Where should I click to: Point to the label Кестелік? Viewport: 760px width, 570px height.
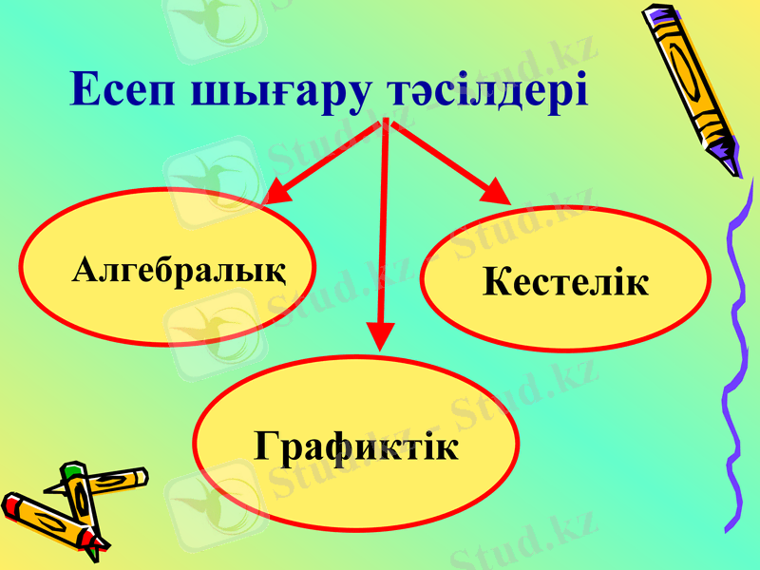click(565, 281)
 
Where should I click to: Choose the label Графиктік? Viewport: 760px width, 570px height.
click(356, 446)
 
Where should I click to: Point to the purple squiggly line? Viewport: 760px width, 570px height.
click(736, 361)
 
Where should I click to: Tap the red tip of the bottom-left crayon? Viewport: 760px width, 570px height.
click(11, 504)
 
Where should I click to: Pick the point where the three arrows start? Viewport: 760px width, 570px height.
click(387, 123)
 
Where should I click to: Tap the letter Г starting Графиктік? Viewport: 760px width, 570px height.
click(267, 446)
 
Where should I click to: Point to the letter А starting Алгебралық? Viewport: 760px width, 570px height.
click(85, 272)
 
